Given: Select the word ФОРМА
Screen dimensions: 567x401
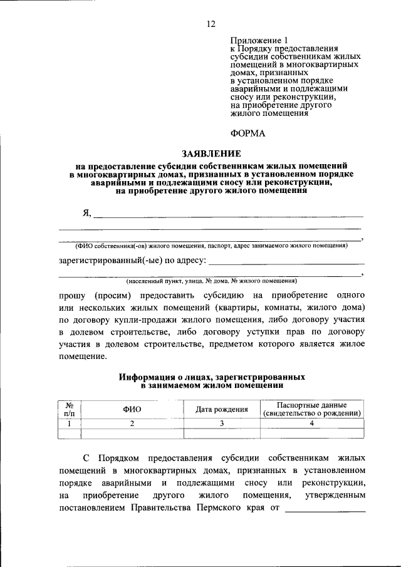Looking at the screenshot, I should pos(248,133).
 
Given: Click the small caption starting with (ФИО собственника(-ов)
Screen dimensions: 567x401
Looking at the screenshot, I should pos(211,246).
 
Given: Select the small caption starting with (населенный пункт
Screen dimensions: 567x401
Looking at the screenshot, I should pos(211,281).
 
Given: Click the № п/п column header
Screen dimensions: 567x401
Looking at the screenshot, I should pos(71,409).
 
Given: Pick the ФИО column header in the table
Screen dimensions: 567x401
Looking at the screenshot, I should pos(132,409).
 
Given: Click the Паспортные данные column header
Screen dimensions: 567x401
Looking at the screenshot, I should pos(311,409).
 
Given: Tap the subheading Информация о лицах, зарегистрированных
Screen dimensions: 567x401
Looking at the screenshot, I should pos(212,377).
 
